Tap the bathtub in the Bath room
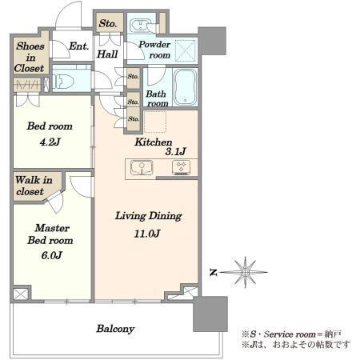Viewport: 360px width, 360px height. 186,87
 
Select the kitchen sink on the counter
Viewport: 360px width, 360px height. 142,167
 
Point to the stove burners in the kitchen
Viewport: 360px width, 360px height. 182,167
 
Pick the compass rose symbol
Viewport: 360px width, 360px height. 245,272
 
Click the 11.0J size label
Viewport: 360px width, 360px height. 147,234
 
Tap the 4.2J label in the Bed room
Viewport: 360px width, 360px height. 50,142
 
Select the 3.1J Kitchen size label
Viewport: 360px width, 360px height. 175,151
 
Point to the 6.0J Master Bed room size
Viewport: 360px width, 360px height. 51,255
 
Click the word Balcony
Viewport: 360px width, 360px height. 115,329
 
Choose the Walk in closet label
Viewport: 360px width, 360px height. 34,186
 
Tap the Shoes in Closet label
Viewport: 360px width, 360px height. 30,57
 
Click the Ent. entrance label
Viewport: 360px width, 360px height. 78,46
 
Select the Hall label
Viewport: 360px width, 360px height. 107,54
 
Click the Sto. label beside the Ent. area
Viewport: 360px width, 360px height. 108,23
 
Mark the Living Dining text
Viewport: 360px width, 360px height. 149,216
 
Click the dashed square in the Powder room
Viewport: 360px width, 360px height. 186,50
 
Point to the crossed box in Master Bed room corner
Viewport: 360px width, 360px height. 21,294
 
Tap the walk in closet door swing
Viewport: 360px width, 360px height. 56,202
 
